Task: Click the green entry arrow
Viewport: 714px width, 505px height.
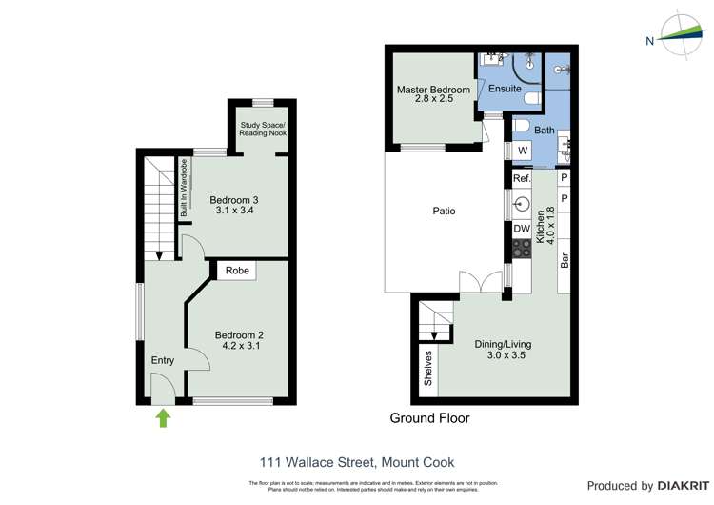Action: point(163,417)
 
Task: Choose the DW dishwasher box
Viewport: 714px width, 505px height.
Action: point(521,229)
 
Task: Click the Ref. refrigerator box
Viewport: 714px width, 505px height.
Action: point(521,178)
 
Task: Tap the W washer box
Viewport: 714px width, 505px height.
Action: point(522,151)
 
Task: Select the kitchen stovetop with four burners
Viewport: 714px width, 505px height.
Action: point(522,250)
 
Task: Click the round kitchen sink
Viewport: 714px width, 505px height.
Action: point(522,203)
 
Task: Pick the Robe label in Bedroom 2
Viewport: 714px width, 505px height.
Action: point(238,271)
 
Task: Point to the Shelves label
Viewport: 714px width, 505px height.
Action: point(429,368)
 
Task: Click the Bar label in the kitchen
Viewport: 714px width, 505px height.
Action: point(565,258)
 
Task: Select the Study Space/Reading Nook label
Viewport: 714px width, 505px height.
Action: point(263,129)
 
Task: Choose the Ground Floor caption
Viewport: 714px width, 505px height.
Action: point(429,418)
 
